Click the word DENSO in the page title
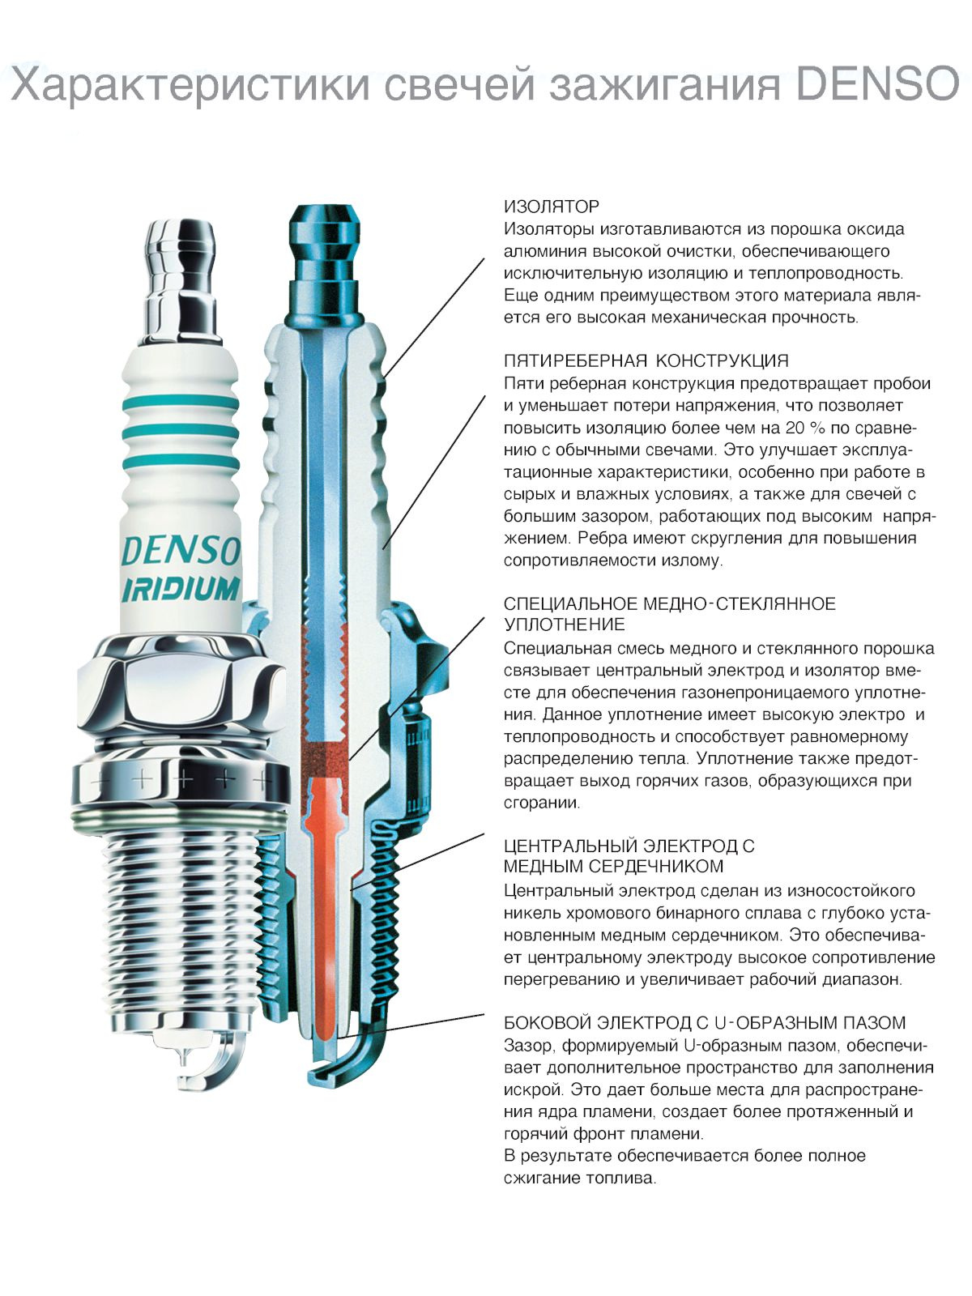(x=877, y=83)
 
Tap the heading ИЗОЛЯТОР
(x=552, y=207)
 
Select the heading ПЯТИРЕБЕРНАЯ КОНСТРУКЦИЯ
(x=646, y=360)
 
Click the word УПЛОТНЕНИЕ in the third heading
(x=565, y=624)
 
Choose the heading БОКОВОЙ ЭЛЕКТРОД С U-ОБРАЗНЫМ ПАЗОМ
(x=705, y=1023)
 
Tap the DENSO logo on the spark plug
(x=181, y=551)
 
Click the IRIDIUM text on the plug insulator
(x=181, y=589)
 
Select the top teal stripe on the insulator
(x=181, y=403)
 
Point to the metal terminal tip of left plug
(x=181, y=280)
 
